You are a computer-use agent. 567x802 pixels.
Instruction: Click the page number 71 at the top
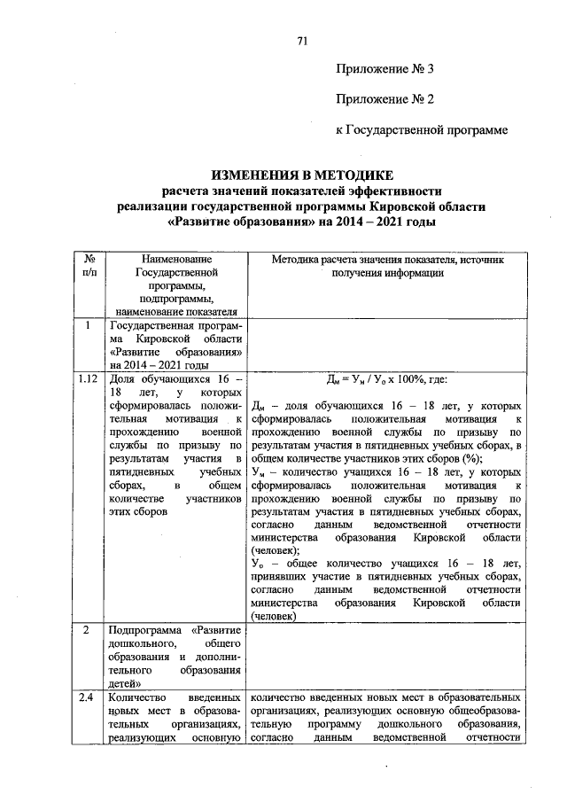click(x=302, y=41)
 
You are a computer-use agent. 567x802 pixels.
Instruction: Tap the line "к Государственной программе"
click(x=422, y=130)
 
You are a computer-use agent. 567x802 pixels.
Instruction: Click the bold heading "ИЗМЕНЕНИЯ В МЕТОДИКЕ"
click(x=300, y=175)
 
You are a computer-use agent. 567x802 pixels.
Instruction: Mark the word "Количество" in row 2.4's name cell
click(x=136, y=698)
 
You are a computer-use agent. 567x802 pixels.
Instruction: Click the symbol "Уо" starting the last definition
click(x=259, y=563)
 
